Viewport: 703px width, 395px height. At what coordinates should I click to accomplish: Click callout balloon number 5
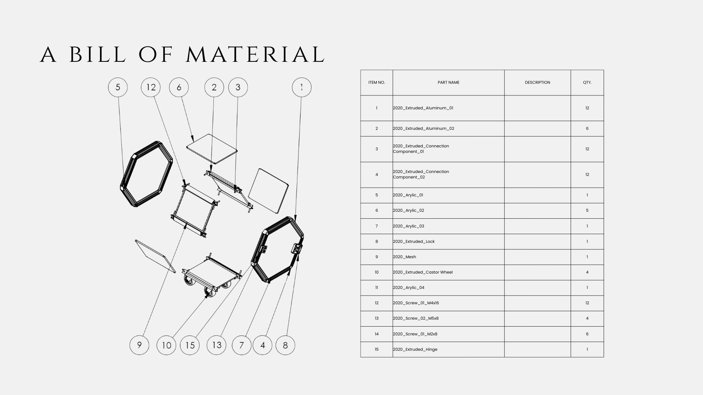[118, 87]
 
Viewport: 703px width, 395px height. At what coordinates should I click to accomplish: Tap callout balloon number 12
[151, 87]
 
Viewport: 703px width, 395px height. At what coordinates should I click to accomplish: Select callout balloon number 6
[179, 87]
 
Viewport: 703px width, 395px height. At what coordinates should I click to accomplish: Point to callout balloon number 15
[190, 345]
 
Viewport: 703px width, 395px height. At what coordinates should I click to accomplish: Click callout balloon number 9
[140, 345]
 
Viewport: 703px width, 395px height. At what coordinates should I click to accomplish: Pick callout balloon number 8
[285, 345]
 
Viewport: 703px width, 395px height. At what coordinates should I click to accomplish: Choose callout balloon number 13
[217, 345]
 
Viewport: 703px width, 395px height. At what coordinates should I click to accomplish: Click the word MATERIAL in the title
[255, 54]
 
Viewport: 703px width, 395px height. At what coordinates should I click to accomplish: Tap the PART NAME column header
[449, 83]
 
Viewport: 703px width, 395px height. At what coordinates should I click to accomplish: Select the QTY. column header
[587, 83]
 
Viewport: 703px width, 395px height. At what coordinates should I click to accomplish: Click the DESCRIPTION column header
[538, 83]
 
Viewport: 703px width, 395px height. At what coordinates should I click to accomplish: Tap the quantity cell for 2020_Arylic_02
[587, 211]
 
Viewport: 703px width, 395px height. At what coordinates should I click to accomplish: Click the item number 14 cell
[377, 334]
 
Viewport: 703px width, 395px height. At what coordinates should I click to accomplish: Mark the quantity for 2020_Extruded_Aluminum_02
[587, 128]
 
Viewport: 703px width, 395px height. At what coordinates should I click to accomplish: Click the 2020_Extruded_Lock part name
[414, 241]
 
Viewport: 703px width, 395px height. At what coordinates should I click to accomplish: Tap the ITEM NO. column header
[377, 83]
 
